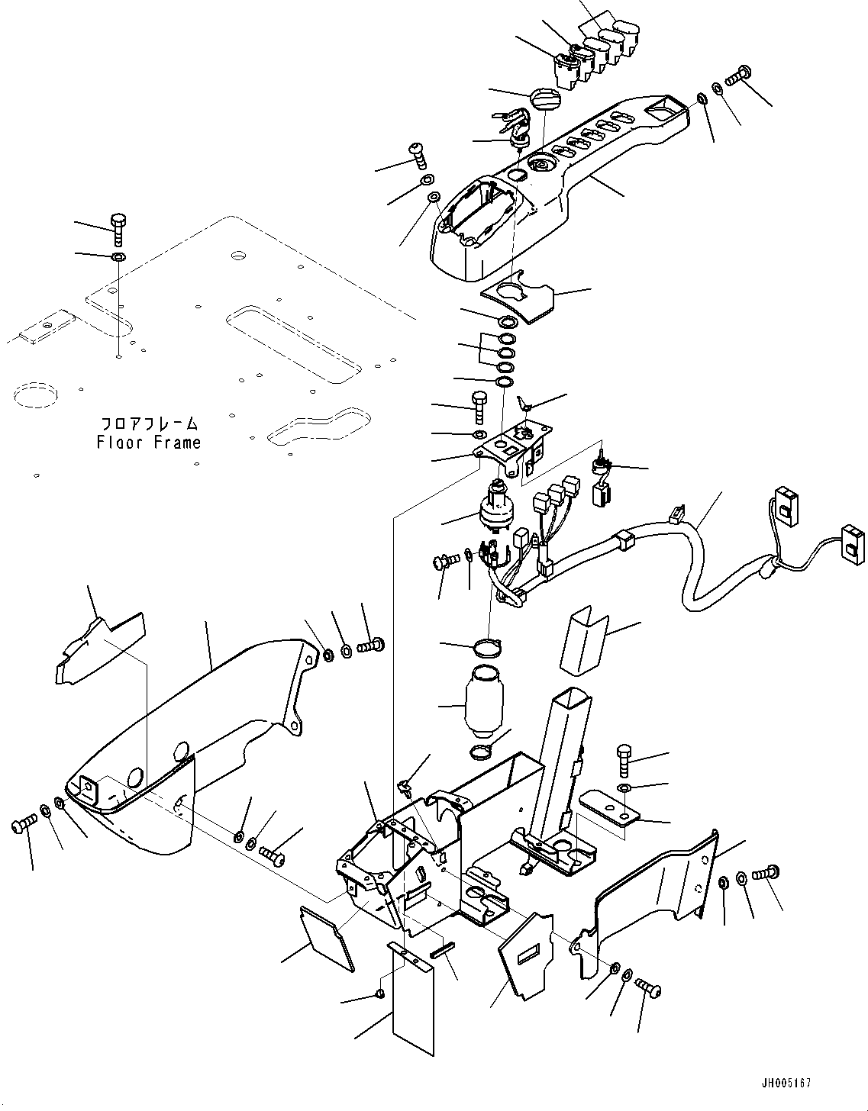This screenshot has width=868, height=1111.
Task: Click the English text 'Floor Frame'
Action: [149, 443]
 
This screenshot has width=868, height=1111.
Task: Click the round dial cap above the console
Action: [544, 99]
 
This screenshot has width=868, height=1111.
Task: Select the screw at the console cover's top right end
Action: [738, 76]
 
